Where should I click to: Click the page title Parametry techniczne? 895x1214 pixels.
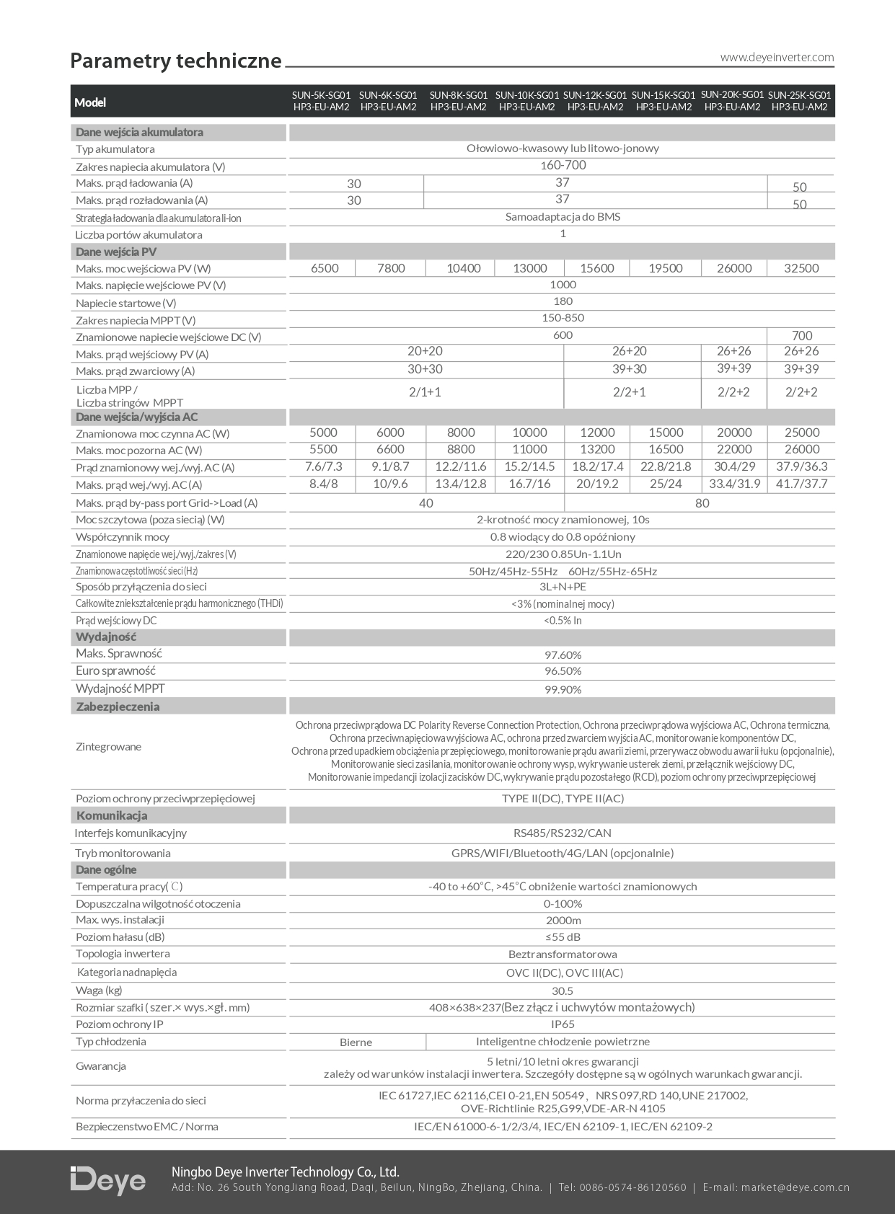click(175, 61)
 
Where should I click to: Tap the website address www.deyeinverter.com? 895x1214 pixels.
click(777, 58)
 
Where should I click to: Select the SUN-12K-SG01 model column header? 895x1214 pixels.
click(595, 101)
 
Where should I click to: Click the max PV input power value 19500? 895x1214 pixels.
click(665, 268)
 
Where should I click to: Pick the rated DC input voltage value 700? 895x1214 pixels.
click(801, 335)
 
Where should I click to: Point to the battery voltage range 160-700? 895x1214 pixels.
click(563, 165)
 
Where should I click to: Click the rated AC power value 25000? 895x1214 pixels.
click(801, 433)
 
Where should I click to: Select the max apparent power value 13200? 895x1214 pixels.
click(597, 449)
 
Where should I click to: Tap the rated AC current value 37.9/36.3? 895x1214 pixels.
click(801, 466)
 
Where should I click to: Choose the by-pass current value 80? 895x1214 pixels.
click(702, 503)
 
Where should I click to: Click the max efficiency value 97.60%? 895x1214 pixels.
click(563, 655)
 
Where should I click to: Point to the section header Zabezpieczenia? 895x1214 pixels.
click(118, 706)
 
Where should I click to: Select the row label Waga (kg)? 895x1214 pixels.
click(99, 990)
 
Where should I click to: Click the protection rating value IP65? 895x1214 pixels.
click(563, 1024)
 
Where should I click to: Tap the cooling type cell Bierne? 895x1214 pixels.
click(356, 1042)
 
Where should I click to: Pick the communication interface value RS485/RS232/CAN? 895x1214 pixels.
click(563, 833)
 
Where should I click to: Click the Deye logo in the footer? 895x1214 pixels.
click(108, 1180)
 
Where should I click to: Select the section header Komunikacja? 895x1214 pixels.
click(112, 815)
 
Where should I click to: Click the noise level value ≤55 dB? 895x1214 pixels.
click(563, 937)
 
